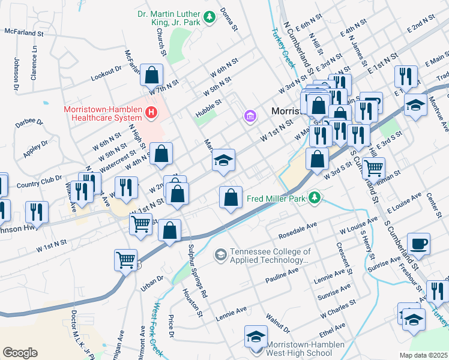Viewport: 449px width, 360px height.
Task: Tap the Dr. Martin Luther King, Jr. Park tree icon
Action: coord(209,18)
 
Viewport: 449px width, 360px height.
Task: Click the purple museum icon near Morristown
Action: coord(250,115)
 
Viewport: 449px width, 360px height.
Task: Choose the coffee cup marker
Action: coord(418,244)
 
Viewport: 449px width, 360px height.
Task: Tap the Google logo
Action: coord(20,353)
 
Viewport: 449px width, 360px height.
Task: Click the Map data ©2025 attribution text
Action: coord(423,355)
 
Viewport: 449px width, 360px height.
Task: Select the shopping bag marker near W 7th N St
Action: coord(152,76)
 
